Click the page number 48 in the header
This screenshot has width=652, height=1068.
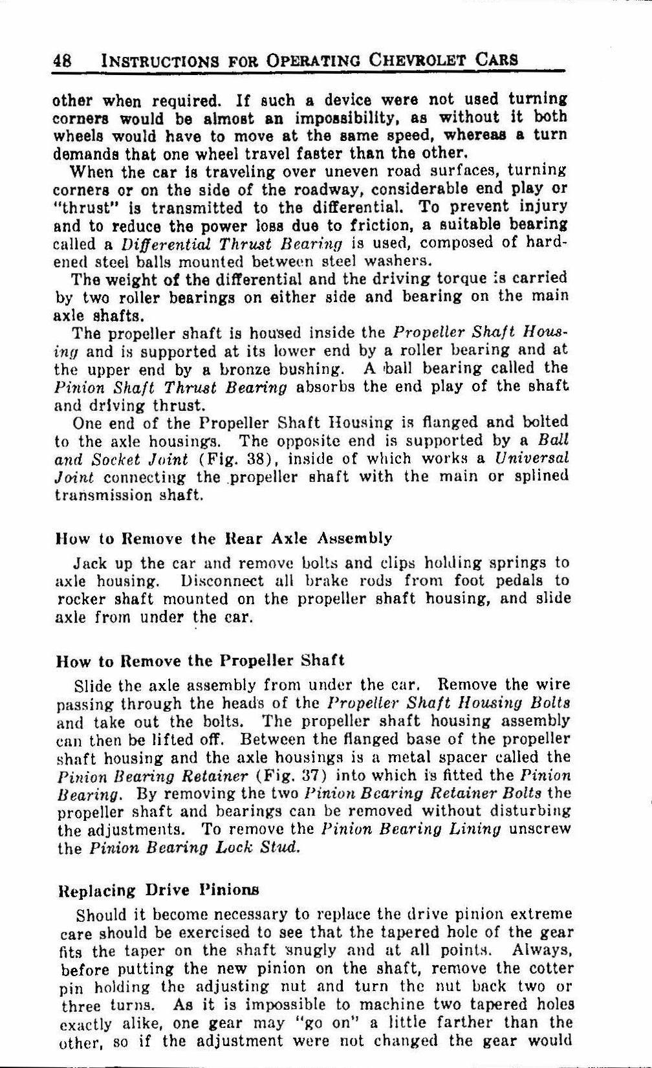point(62,60)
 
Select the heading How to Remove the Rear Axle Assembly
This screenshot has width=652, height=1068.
point(224,538)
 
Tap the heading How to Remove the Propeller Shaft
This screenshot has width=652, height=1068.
point(201,660)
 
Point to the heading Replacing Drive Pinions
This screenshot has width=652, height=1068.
point(158,890)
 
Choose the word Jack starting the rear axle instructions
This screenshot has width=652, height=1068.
point(91,562)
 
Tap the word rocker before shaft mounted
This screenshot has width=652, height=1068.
point(78,598)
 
